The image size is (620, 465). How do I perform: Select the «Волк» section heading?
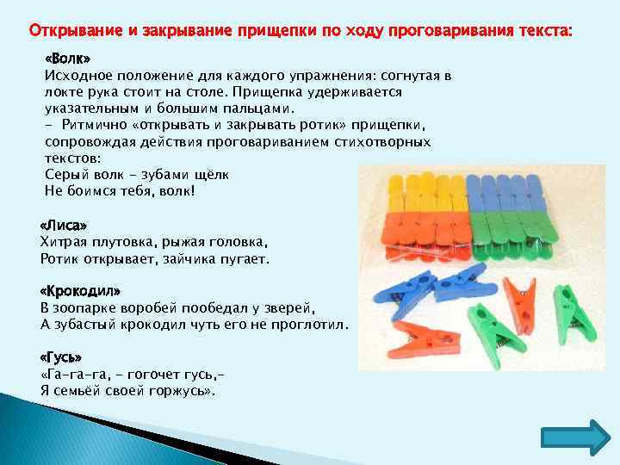67,59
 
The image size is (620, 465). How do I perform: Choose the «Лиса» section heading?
64,225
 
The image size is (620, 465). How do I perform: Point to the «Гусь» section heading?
62,356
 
